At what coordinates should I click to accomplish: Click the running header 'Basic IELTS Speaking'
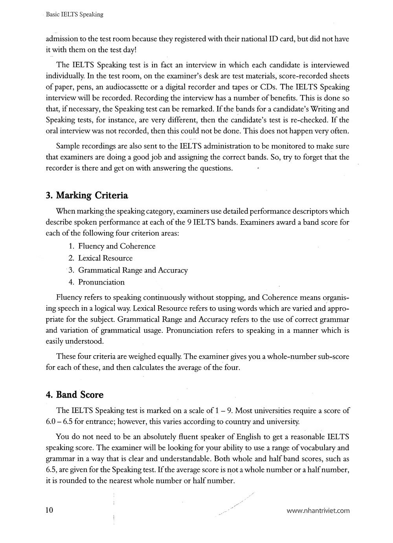pos(74,15)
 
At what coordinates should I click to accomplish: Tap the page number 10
pos(50,510)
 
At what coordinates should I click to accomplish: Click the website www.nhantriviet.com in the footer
pos(318,511)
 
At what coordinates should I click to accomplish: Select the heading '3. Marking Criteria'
pos(87,195)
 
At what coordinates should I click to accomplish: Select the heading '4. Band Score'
pos(75,394)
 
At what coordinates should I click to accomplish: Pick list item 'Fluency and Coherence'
pos(117,246)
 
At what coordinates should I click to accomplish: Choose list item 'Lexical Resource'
pos(105,258)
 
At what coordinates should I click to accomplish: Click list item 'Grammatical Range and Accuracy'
pos(133,270)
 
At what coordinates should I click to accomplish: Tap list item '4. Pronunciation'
pos(96,282)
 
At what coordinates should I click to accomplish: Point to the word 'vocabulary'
pos(312,448)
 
